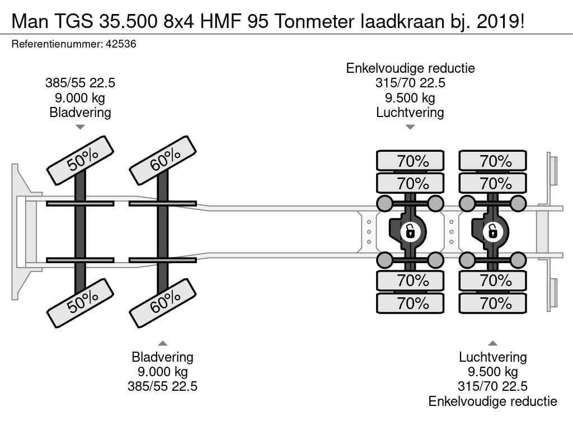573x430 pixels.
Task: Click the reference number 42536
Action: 121,44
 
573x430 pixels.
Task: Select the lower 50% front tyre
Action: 81,303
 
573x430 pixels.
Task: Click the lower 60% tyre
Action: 163,303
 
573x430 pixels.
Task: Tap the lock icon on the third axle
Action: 410,231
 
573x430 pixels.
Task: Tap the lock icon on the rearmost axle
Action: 493,231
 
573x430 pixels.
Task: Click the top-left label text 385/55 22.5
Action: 80,83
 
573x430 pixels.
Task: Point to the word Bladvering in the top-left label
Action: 80,113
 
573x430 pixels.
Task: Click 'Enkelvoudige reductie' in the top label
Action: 410,69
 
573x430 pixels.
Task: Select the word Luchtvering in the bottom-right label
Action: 493,357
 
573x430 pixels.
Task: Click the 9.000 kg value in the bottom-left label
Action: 162,372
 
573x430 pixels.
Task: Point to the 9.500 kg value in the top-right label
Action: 410,98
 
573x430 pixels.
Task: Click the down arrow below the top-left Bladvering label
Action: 80,127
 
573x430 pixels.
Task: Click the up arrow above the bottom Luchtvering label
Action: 493,343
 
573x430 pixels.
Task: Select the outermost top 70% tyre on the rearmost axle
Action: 493,161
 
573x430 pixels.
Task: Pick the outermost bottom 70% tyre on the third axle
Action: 410,303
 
